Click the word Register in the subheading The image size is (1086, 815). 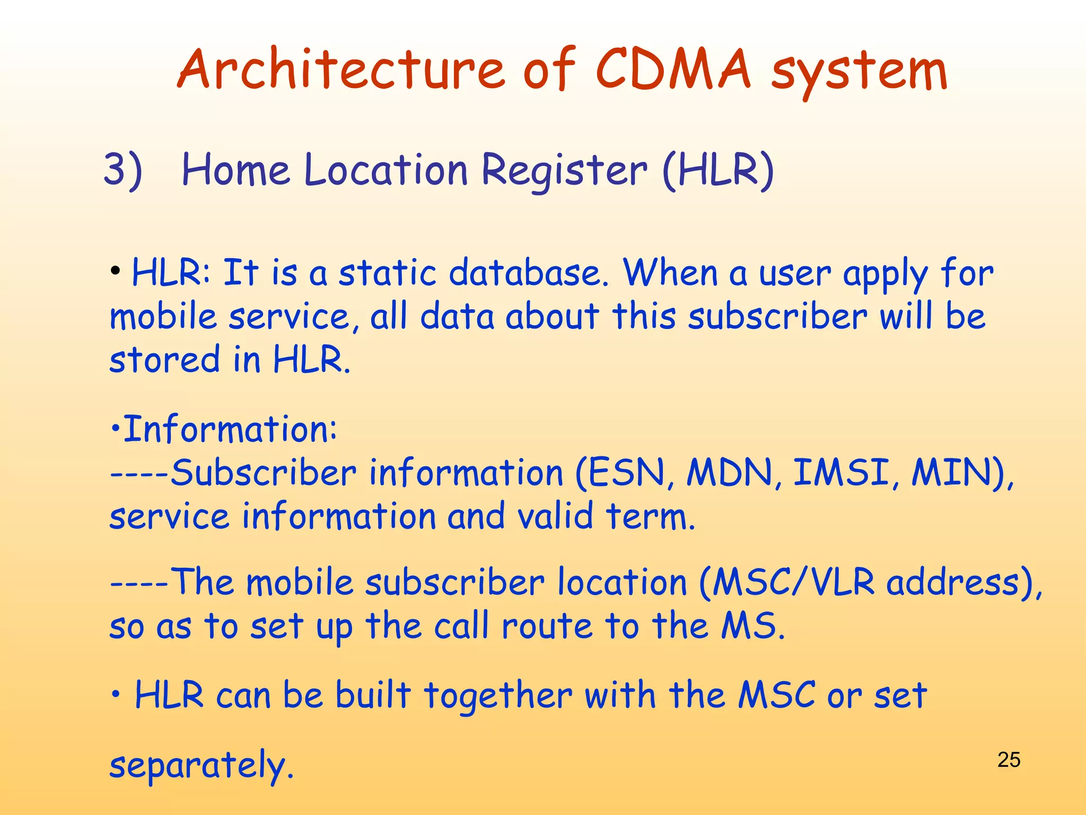564,171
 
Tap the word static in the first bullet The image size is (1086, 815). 387,273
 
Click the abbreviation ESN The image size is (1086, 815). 626,472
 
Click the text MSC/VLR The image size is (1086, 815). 792,583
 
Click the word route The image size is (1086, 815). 547,626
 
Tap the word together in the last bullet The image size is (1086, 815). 498,696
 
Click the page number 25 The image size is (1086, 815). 1009,760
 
